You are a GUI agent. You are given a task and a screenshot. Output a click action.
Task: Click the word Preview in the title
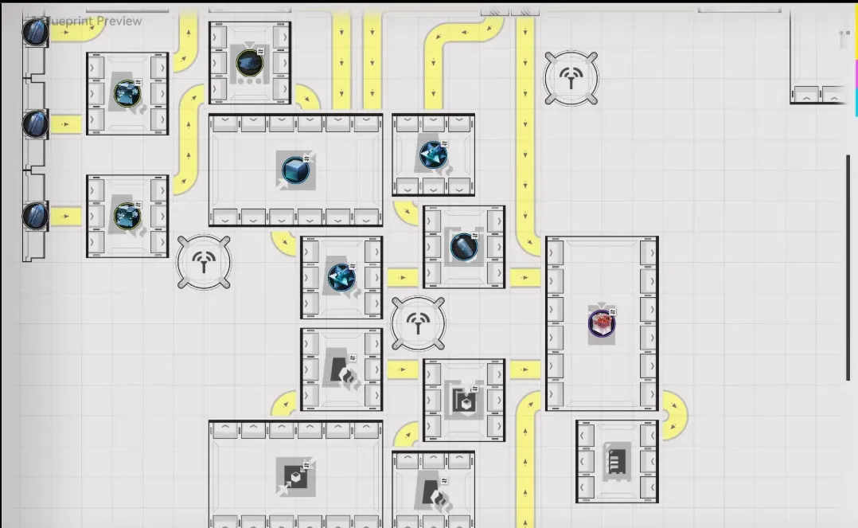click(x=119, y=21)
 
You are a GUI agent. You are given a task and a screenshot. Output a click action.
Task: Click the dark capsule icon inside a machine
click(x=463, y=247)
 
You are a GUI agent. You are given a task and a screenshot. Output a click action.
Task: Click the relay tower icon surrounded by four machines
click(x=419, y=323)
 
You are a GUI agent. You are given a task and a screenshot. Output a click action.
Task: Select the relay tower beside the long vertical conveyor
click(x=571, y=77)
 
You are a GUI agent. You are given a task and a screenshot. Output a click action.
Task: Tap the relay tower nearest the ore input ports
click(x=205, y=262)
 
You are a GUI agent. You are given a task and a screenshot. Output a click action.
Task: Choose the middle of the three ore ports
click(x=35, y=123)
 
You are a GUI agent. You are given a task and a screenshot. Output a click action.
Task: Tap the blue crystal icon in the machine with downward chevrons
click(x=433, y=154)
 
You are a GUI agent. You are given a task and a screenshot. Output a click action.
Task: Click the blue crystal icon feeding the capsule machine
click(x=341, y=277)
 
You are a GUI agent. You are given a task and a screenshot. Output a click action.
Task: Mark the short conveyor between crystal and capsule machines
click(x=403, y=278)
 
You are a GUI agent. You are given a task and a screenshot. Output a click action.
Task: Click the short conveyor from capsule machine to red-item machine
click(x=525, y=278)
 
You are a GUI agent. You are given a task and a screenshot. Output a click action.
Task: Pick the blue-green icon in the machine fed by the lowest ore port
click(x=127, y=216)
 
